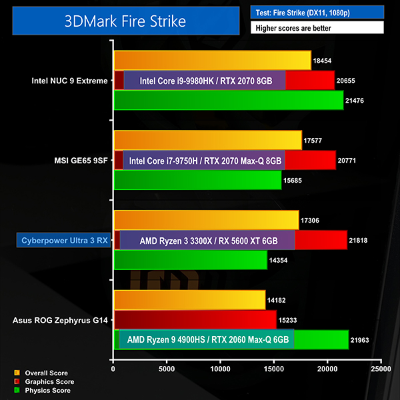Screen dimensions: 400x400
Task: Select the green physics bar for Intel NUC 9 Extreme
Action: pyautogui.click(x=228, y=100)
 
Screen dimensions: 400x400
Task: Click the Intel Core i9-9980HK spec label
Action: pyautogui.click(x=205, y=81)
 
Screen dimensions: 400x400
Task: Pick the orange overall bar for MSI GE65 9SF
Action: pyautogui.click(x=207, y=140)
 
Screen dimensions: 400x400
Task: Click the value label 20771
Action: pyautogui.click(x=350, y=160)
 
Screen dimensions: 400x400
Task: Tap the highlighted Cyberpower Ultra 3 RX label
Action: pyautogui.click(x=63, y=240)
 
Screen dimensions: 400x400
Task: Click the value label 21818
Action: pyautogui.click(x=361, y=240)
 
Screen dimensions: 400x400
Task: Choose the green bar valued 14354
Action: pyautogui.click(x=190, y=260)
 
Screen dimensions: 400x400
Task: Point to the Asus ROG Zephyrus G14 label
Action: pyautogui.click(x=60, y=320)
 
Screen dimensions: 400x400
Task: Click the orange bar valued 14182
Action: pyautogui.click(x=189, y=300)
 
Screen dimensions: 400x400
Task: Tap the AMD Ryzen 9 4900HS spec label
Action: pyautogui.click(x=207, y=339)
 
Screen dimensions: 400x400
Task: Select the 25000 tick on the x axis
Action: pyautogui.click(x=381, y=367)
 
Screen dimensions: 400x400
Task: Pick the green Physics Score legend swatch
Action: pyautogui.click(x=17, y=390)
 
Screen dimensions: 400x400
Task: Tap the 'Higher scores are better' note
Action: pyautogui.click(x=317, y=28)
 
